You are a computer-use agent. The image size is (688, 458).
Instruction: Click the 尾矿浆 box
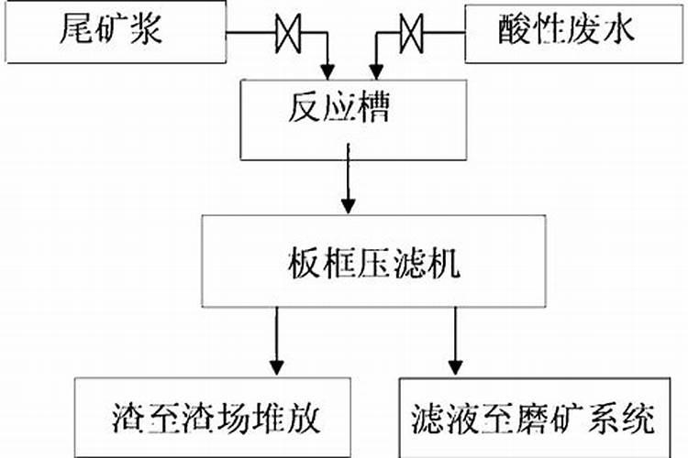point(115,32)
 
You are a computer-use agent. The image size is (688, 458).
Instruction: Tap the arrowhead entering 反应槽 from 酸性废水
point(373,70)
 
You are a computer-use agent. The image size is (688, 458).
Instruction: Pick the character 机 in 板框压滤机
point(445,264)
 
